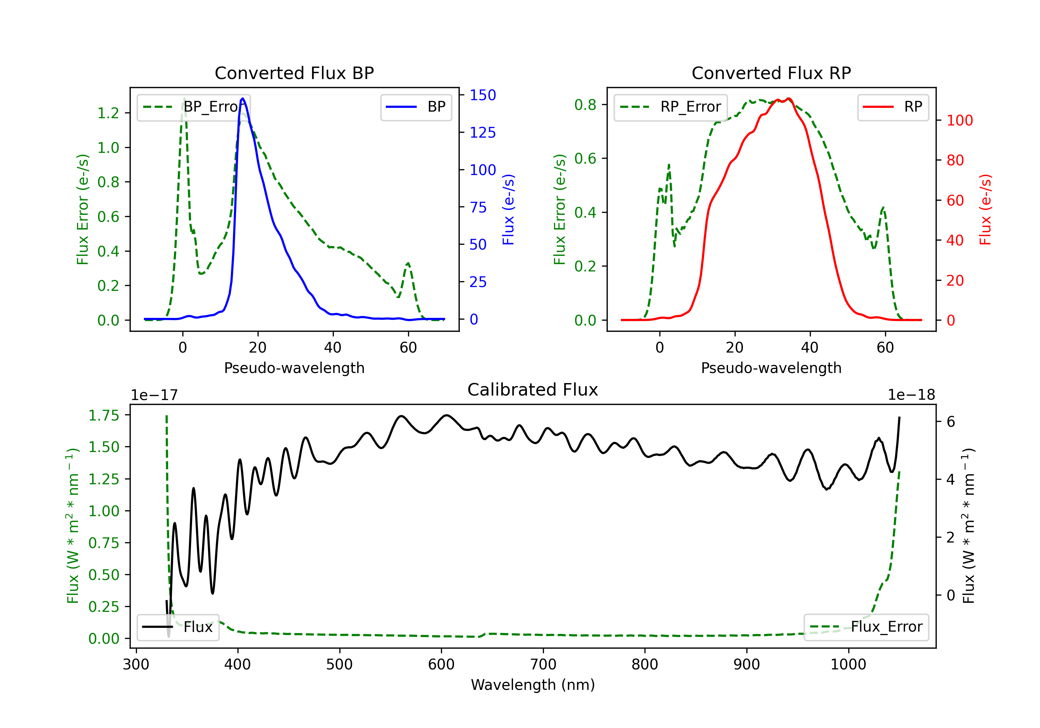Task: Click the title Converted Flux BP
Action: tap(294, 73)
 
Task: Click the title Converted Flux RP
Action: tap(771, 73)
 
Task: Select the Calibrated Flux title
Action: tap(533, 390)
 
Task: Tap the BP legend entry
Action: tap(416, 107)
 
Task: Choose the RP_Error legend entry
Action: tap(670, 107)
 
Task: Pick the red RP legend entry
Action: tap(893, 107)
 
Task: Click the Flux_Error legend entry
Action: tap(866, 627)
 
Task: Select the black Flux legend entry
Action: tap(177, 627)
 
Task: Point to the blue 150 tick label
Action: tap(483, 95)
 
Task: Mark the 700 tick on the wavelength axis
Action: tap(543, 665)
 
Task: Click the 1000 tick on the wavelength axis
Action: tap(848, 665)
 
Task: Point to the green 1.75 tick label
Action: tap(104, 415)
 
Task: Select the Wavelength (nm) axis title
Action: tap(533, 685)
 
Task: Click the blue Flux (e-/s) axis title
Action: tap(508, 210)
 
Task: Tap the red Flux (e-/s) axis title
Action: tap(985, 210)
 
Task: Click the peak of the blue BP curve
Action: tap(243, 98)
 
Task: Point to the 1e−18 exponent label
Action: tap(911, 395)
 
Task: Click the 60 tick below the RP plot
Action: tap(885, 347)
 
